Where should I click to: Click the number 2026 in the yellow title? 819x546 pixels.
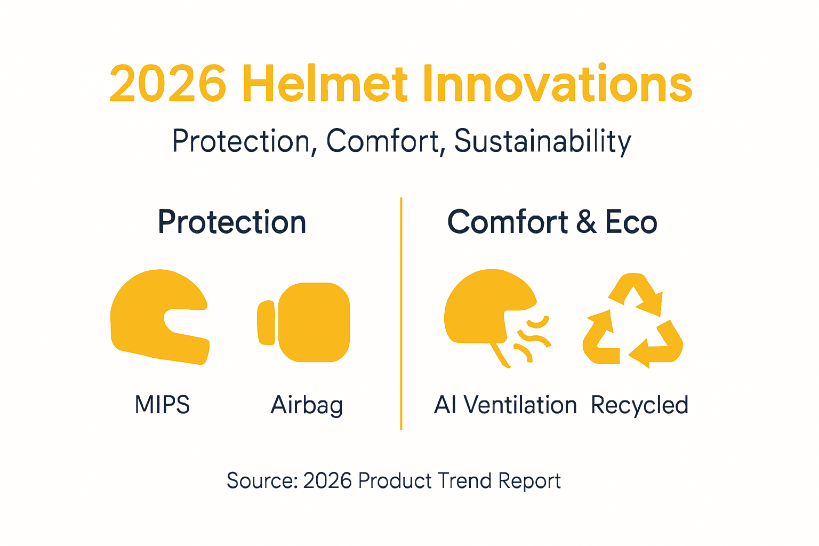coord(168,84)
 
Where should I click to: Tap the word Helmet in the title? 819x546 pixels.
coord(325,84)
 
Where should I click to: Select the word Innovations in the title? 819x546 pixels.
coord(557,84)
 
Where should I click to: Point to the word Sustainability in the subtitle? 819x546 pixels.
coord(542,142)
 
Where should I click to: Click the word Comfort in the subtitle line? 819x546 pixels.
coord(383,142)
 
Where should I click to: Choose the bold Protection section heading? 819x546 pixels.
coord(232,222)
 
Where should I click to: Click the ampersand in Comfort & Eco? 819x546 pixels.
coord(586,222)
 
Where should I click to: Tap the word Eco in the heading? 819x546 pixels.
coord(631,222)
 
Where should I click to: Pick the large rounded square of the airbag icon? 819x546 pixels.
coord(314,322)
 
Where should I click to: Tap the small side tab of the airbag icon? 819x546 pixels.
coord(266,322)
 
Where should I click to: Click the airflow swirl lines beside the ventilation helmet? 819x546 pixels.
coord(531,339)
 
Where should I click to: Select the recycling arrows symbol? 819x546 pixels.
coord(633,320)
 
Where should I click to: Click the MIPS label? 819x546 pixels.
coord(162,405)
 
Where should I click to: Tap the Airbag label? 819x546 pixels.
coord(307,405)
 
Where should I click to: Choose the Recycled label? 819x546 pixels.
coord(639,405)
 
